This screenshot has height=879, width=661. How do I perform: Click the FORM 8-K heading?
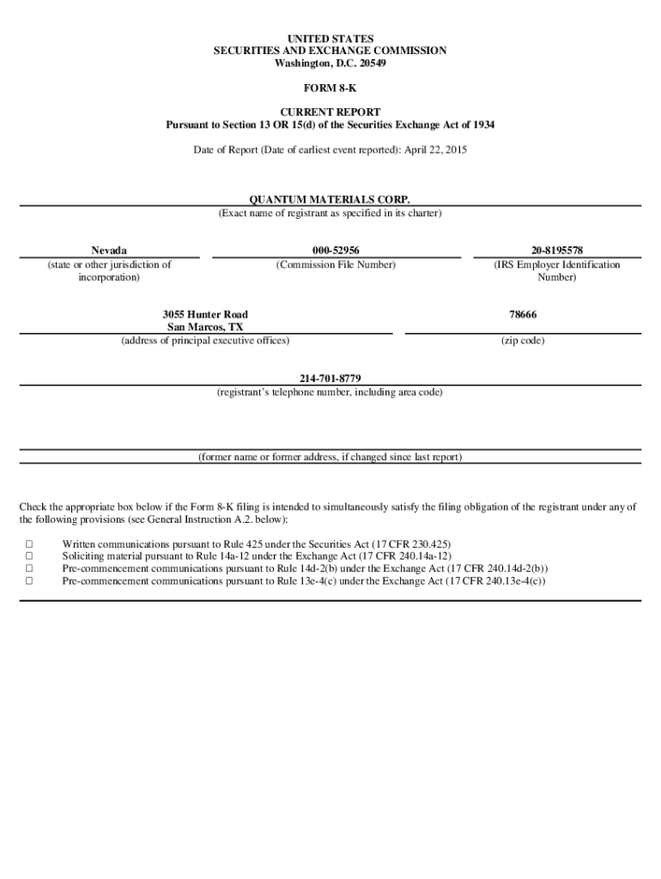(330, 88)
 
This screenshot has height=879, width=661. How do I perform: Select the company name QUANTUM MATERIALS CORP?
(330, 199)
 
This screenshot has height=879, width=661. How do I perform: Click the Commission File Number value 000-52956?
(336, 250)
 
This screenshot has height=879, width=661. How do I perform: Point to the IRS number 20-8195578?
(556, 250)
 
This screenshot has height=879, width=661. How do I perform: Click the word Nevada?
(110, 250)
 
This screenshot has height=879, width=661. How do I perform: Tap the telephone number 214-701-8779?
(330, 378)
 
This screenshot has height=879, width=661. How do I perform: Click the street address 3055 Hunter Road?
(205, 315)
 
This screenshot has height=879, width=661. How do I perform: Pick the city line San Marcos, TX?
(205, 328)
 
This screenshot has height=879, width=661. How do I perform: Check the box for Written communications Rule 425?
(29, 544)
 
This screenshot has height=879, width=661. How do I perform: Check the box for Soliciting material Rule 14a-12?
(29, 556)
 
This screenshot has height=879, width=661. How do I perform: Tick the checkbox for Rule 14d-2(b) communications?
(29, 568)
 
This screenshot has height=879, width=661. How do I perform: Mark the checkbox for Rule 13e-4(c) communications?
(29, 580)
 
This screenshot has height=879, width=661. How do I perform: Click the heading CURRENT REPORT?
(330, 112)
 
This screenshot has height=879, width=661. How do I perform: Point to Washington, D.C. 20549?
(330, 64)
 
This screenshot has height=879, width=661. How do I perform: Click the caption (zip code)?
(522, 341)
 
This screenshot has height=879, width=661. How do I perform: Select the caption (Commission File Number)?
(336, 265)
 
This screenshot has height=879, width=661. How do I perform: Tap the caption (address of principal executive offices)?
(205, 341)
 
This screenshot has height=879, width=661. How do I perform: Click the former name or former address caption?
(330, 457)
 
